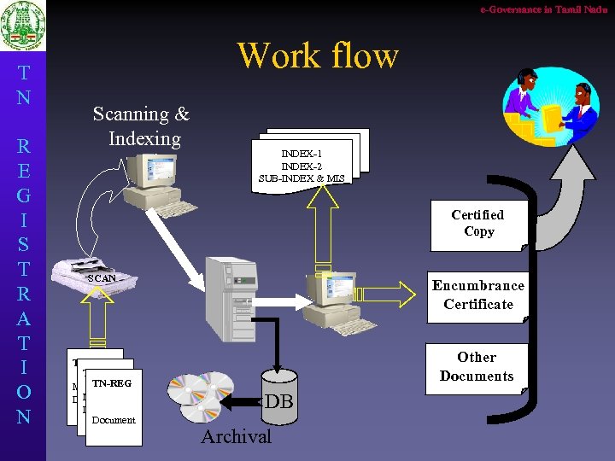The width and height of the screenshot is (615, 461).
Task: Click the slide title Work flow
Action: point(318,55)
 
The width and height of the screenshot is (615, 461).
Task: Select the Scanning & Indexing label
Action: point(141,125)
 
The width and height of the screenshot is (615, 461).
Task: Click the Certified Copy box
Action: point(478,224)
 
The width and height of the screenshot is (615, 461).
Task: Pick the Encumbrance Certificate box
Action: point(478,295)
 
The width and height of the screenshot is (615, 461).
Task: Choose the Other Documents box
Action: point(477,367)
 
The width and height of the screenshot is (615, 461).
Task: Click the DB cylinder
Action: point(279,399)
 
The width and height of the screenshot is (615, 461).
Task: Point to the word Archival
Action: point(236,437)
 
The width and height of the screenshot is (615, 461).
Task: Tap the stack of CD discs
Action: point(202,397)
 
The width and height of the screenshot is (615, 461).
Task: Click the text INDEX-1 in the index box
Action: point(302,153)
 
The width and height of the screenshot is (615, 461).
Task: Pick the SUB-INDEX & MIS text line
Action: point(302,178)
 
